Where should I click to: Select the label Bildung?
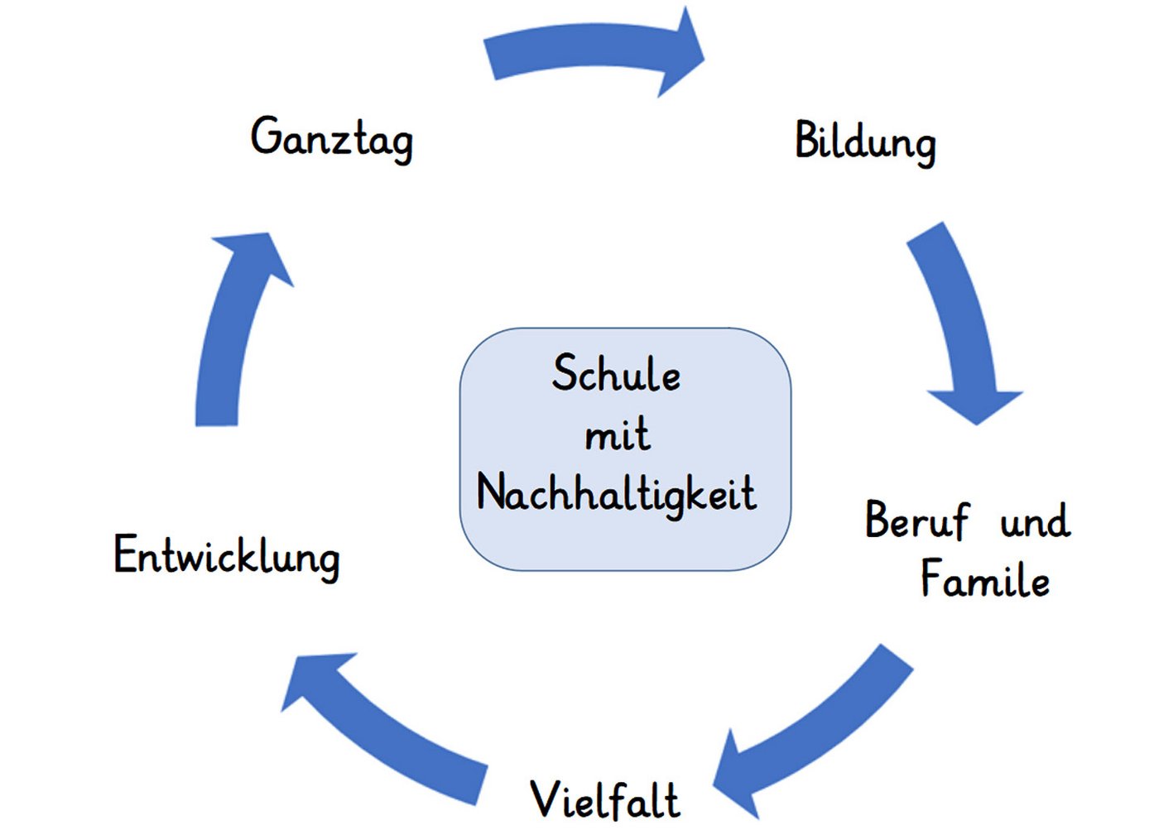coord(865,142)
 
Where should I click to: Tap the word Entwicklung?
coord(227,558)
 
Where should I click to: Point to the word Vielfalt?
coord(605,799)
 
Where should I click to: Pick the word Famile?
coord(985,578)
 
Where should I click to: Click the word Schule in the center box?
coord(616,372)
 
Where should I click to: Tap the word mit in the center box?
coord(618,434)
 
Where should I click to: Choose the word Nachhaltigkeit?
coord(616,494)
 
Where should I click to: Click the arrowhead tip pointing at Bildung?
coord(705,58)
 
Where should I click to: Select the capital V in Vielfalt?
coord(546,799)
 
